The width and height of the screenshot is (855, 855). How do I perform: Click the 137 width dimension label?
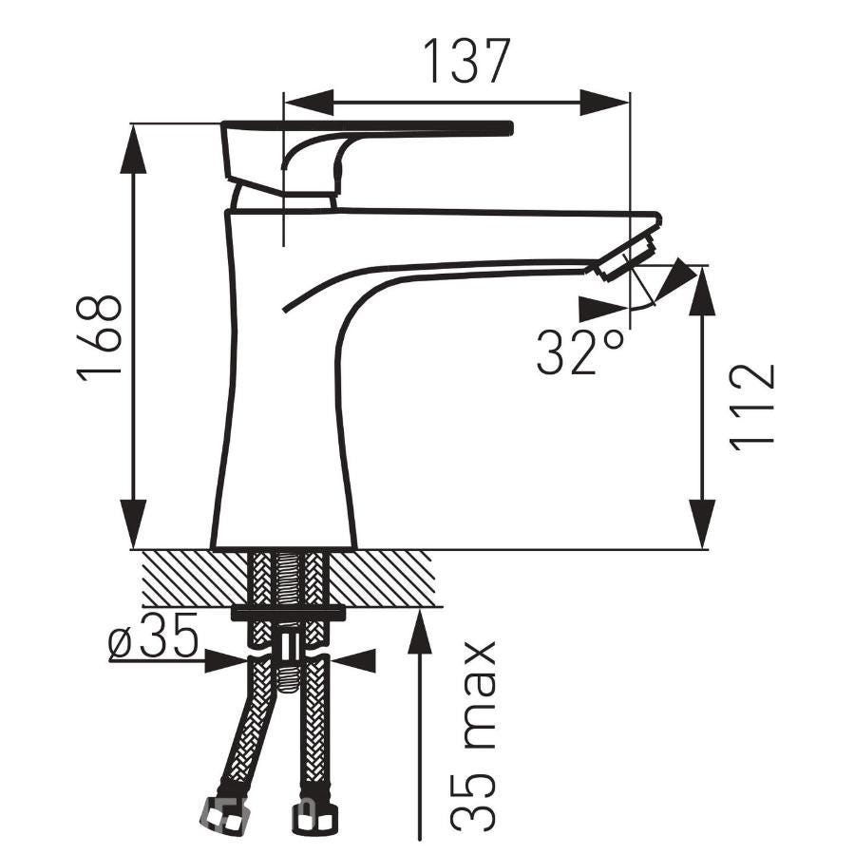(x=466, y=61)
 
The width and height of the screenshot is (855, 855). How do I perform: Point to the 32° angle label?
(x=580, y=351)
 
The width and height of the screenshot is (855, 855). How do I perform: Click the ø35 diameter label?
(x=153, y=636)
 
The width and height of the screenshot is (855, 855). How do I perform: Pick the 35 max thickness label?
(x=473, y=736)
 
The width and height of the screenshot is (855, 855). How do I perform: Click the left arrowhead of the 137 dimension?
(x=309, y=102)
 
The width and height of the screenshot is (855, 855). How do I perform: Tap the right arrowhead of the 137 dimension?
(x=605, y=102)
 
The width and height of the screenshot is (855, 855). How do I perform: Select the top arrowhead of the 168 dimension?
(x=133, y=149)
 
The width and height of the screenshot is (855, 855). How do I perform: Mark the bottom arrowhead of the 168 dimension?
(x=133, y=524)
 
